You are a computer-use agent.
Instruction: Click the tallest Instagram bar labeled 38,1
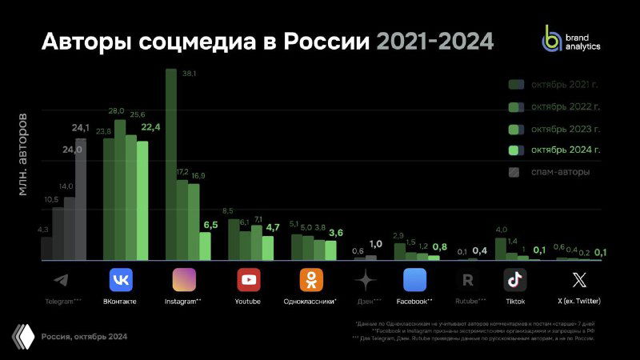pos(170,164)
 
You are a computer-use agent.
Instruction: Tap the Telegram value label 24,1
pos(81,127)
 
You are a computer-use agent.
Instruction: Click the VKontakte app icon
pos(120,280)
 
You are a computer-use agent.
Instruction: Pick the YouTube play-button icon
pos(248,280)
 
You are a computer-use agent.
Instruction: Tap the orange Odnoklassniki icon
pos(311,280)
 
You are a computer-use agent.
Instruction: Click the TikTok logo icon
pos(515,280)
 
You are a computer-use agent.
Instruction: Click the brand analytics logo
pos(570,38)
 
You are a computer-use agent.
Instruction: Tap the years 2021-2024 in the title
pos(435,42)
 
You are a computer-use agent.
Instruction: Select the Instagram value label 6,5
pos(210,226)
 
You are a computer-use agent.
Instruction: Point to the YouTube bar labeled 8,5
pos(234,239)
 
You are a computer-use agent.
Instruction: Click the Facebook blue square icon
pos(415,280)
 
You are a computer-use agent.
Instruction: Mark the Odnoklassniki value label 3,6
pos(336,232)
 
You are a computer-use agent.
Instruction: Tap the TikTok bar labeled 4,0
pos(501,249)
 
